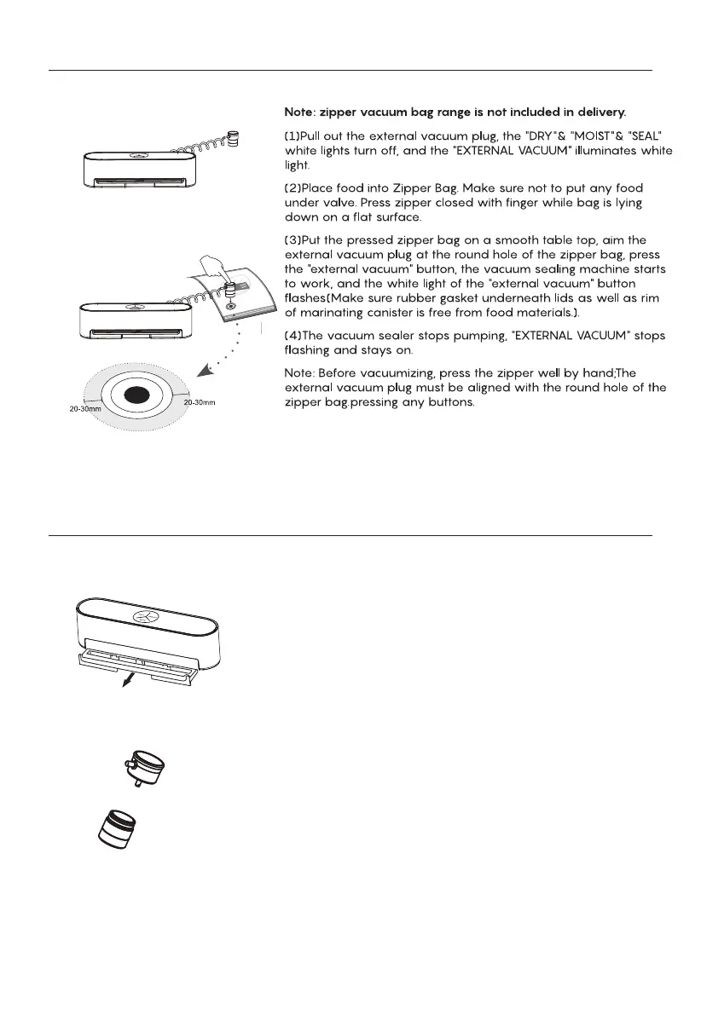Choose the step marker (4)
click(292, 335)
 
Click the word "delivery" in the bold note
click(597, 112)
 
